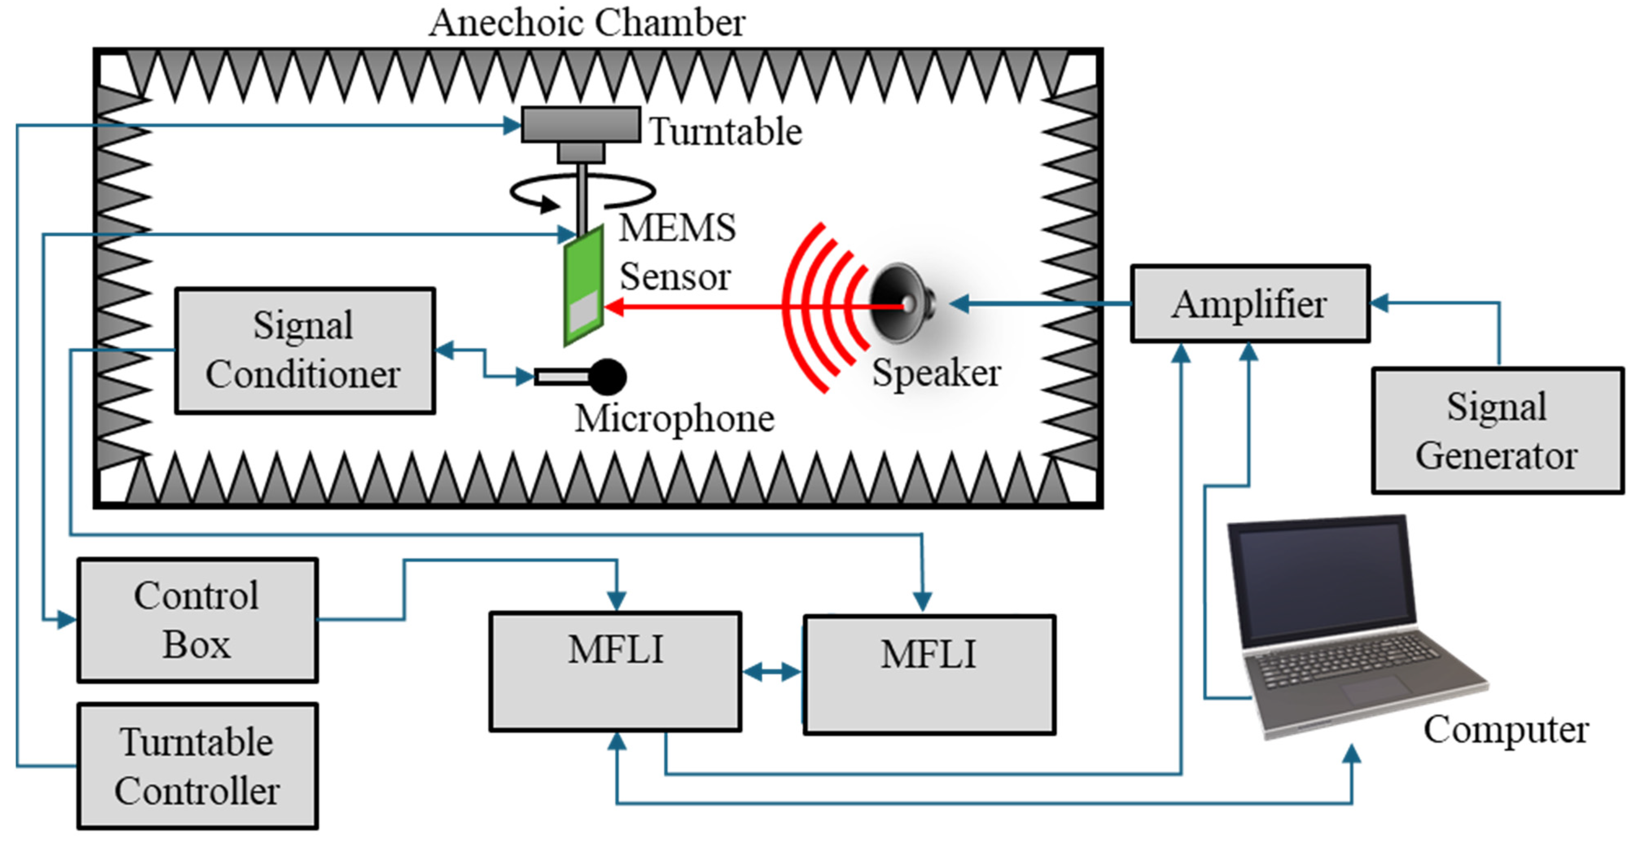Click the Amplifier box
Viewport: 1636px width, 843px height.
point(1249,304)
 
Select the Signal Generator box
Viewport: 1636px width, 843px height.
point(1497,430)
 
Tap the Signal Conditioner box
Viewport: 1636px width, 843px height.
point(305,350)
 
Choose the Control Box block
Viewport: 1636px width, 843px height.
point(197,620)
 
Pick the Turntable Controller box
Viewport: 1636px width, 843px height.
point(197,766)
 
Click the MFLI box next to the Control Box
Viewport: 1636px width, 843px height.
point(615,672)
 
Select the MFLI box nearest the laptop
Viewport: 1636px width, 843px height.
point(929,674)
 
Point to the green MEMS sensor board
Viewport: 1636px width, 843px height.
point(583,286)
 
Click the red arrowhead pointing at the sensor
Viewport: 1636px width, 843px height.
point(613,307)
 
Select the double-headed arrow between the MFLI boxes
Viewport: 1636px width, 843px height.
point(772,672)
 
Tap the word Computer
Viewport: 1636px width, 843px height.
point(1506,729)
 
